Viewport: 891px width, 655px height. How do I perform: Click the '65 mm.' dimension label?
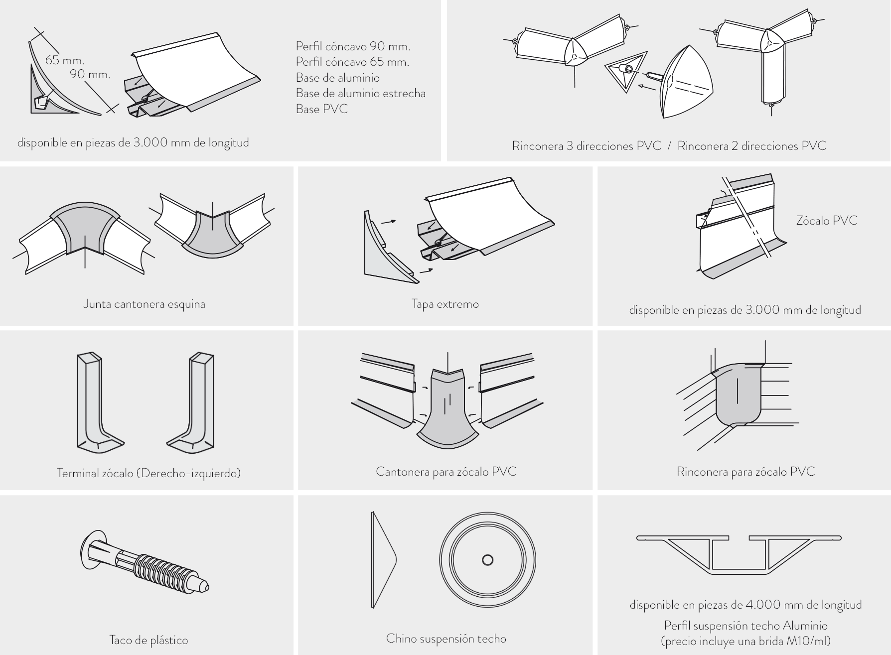(x=65, y=60)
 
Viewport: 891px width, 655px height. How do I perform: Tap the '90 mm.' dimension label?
(x=90, y=75)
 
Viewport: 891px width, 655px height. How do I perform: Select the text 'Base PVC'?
(x=321, y=109)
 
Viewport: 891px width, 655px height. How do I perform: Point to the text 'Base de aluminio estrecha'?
(x=360, y=93)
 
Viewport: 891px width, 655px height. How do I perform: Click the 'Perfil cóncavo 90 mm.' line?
(x=353, y=46)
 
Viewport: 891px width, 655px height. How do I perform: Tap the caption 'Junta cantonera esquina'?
(x=144, y=304)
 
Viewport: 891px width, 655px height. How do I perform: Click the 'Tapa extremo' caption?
(x=445, y=304)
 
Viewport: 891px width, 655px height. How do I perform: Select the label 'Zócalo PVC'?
(x=827, y=221)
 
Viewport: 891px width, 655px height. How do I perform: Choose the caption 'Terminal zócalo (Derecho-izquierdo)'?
(x=148, y=473)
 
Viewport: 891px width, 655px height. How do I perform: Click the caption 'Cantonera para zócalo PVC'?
(x=446, y=471)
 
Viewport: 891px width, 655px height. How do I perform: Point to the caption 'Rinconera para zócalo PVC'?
(x=745, y=472)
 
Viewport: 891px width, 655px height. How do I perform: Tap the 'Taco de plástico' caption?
(x=148, y=640)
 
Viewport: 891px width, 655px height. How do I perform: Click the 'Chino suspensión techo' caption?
(x=446, y=639)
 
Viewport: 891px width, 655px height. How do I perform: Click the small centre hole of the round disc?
(x=487, y=560)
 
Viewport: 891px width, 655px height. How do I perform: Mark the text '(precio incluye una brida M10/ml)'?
(x=745, y=641)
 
